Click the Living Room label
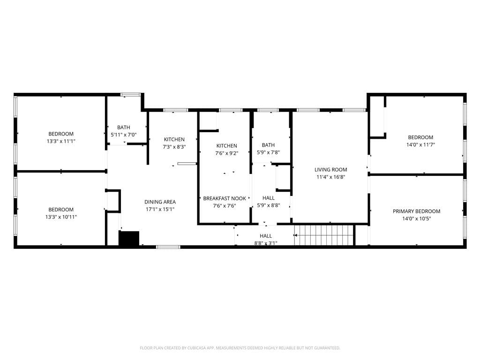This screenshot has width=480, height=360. point(330,170)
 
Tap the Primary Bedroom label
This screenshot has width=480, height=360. point(416,211)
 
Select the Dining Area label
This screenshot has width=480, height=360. point(160,202)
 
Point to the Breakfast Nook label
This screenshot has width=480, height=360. point(224,199)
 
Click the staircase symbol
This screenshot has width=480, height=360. point(323,235)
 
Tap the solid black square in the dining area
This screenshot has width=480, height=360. point(129,239)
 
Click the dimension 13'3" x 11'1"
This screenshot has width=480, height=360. point(61,141)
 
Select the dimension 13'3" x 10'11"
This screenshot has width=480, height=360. point(61,217)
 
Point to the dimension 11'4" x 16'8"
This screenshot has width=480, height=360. point(330,177)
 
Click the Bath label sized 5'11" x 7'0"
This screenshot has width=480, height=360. point(124,127)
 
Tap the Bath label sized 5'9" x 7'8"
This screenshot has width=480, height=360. point(268,145)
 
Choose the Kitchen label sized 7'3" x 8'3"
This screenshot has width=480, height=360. point(174,139)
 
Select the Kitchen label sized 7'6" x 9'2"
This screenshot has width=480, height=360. point(226,146)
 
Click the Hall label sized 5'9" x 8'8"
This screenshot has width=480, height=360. point(269,198)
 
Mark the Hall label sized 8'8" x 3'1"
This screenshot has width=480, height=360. point(266,236)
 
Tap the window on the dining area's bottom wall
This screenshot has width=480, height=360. point(168,247)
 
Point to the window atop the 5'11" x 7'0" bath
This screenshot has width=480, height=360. point(130,95)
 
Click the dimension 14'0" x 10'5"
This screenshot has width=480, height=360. point(416,219)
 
